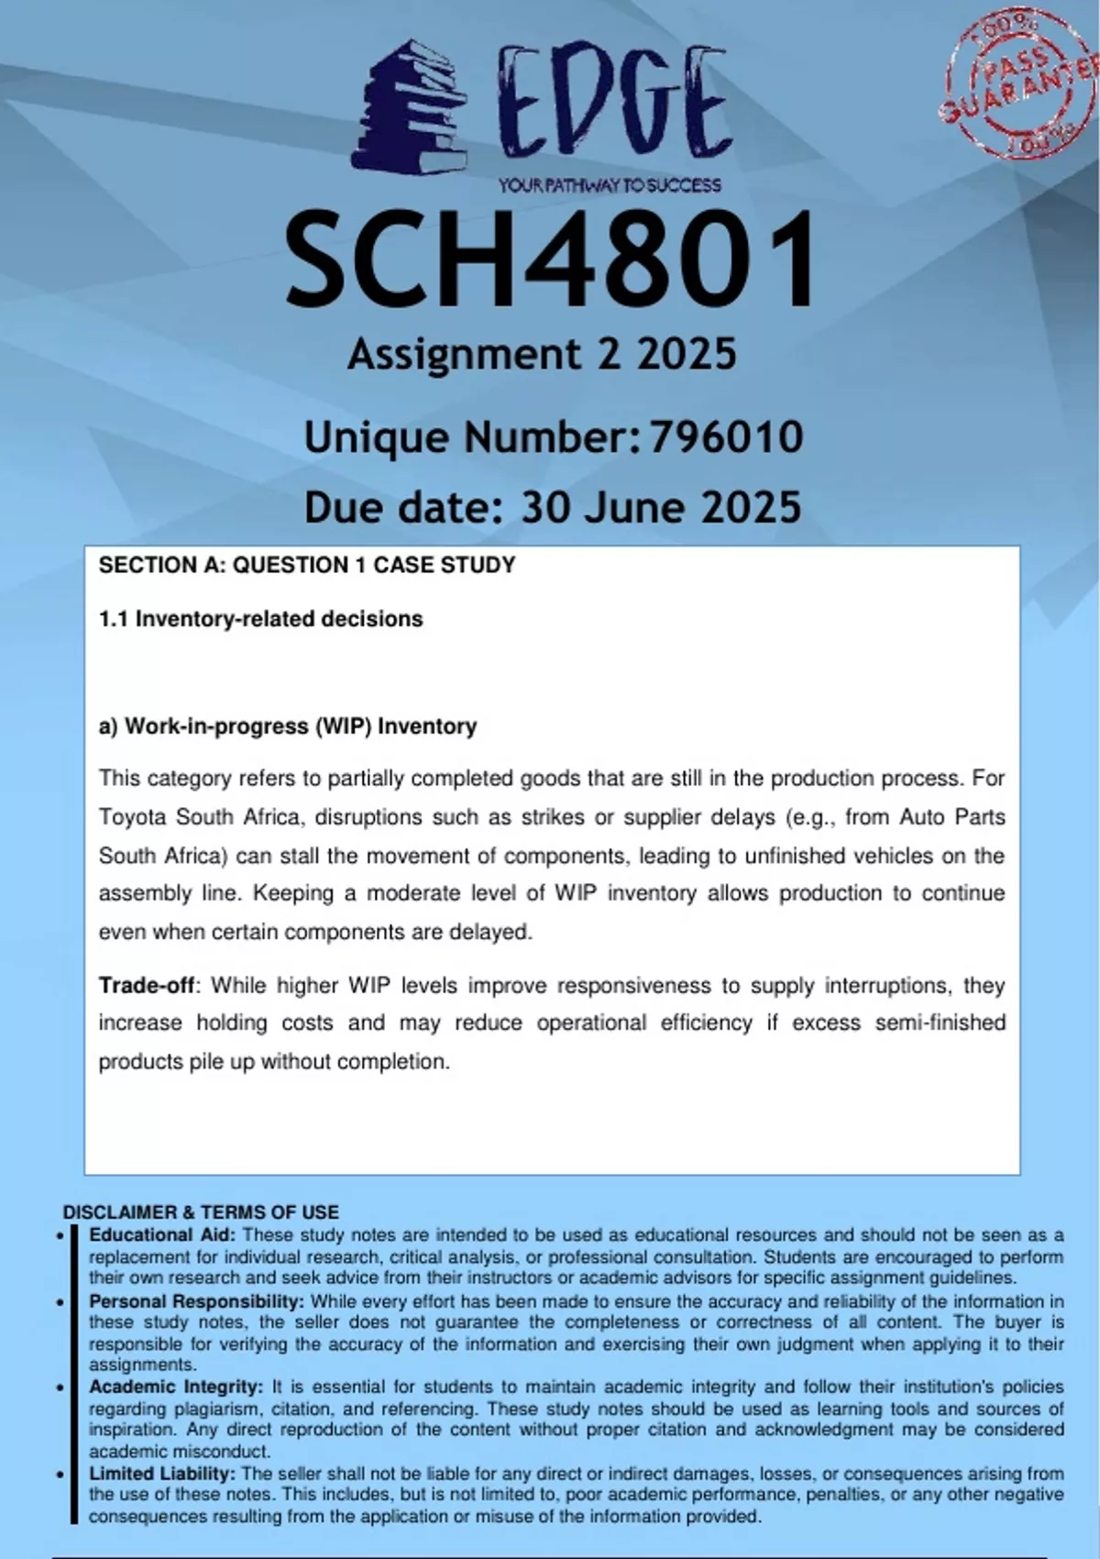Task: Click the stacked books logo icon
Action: point(408,107)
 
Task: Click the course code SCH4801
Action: point(550,260)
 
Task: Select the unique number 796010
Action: point(726,437)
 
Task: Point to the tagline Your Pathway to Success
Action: point(610,186)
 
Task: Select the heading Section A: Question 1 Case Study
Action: point(307,565)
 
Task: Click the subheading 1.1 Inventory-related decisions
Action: point(261,619)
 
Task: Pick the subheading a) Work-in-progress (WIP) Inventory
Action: point(288,726)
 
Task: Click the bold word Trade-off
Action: point(147,986)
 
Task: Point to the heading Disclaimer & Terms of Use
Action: point(201,1212)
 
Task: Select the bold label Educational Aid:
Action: point(162,1235)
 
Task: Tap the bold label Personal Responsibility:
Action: point(196,1301)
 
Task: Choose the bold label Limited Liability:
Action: point(162,1474)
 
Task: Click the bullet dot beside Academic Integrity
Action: point(60,1388)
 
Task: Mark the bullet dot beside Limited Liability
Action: point(60,1475)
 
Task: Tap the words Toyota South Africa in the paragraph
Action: point(199,817)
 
